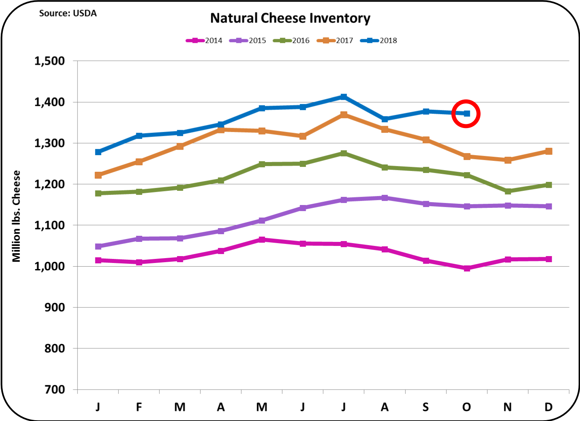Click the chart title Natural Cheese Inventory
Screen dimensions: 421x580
pyautogui.click(x=290, y=18)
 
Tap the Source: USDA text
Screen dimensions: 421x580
pyautogui.click(x=68, y=13)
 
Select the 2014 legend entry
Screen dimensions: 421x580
pyautogui.click(x=204, y=41)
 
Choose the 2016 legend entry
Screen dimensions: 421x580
pyautogui.click(x=291, y=41)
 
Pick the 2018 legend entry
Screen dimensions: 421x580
pyautogui.click(x=379, y=41)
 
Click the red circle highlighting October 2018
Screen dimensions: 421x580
pyautogui.click(x=466, y=113)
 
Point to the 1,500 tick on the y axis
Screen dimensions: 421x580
pyautogui.click(x=49, y=61)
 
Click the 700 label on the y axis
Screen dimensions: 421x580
pyautogui.click(x=54, y=389)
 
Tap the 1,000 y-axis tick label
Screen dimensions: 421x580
pyautogui.click(x=49, y=266)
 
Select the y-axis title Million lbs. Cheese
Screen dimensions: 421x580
pyautogui.click(x=16, y=216)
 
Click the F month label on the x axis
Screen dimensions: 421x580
pyautogui.click(x=139, y=407)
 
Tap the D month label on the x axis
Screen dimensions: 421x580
pyautogui.click(x=548, y=407)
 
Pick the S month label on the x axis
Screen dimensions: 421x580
pyautogui.click(x=426, y=407)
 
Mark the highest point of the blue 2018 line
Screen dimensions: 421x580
pyautogui.click(x=344, y=97)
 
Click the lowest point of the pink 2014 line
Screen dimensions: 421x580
pyautogui.click(x=467, y=268)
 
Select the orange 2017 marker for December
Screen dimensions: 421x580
pyautogui.click(x=548, y=151)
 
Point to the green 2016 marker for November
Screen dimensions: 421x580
pyautogui.click(x=507, y=191)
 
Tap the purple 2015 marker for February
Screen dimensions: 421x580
pyautogui.click(x=139, y=239)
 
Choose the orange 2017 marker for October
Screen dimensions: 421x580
pyautogui.click(x=467, y=156)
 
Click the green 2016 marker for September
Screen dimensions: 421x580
pyautogui.click(x=426, y=170)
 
